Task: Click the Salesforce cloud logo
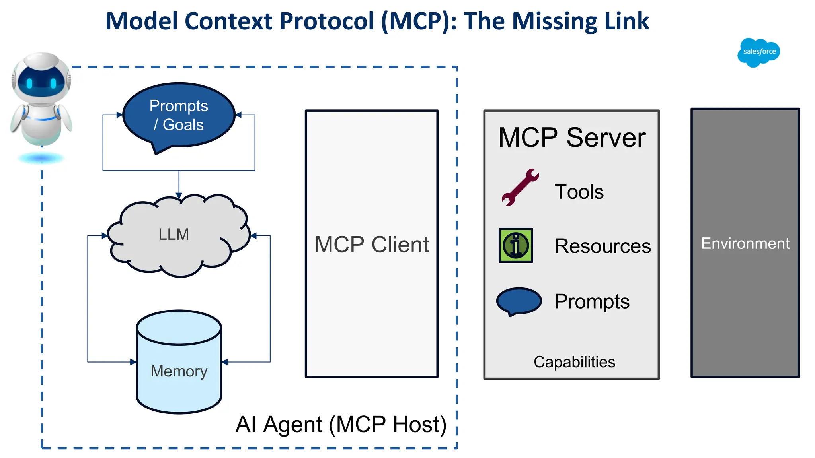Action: click(758, 52)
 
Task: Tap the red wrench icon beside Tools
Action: click(520, 187)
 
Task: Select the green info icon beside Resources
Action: click(516, 245)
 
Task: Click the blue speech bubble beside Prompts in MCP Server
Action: click(519, 301)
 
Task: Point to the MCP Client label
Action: click(371, 244)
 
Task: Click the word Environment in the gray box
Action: click(745, 243)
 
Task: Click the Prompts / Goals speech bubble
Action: click(179, 115)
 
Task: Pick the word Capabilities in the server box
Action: click(574, 362)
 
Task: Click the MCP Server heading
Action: click(571, 138)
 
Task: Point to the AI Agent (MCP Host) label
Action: click(341, 424)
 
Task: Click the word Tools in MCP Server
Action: click(579, 192)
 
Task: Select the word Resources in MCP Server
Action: click(602, 246)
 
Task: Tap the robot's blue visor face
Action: click(41, 82)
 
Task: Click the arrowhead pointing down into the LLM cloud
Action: click(179, 196)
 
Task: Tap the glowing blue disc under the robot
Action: click(41, 159)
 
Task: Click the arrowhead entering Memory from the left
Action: click(133, 362)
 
